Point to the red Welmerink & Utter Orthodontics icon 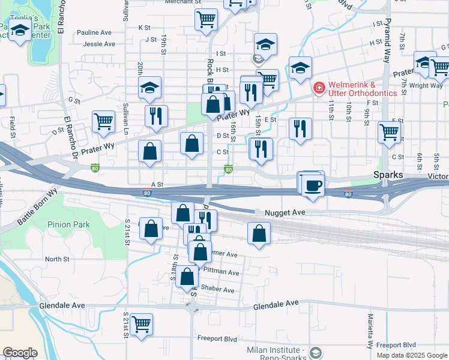click(318, 88)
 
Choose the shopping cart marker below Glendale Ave click(141, 325)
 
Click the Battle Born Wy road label click(37, 208)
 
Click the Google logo click(20, 353)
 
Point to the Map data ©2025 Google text click(411, 355)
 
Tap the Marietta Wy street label click(371, 331)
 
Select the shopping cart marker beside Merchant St click(206, 19)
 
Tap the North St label click(57, 259)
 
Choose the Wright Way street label click(427, 86)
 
